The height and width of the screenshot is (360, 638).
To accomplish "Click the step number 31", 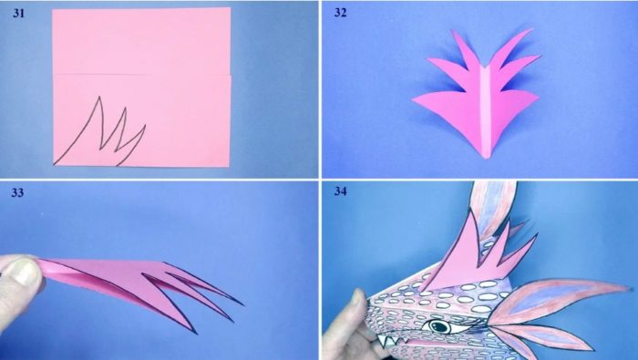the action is [19, 13].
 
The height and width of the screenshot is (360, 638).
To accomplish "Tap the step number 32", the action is [341, 13].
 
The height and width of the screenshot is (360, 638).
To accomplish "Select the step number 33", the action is [17, 192].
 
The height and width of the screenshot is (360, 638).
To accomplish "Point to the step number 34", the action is [341, 191].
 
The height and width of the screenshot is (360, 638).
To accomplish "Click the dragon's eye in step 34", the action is [438, 326].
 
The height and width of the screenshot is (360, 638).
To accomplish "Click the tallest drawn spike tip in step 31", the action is [98, 98].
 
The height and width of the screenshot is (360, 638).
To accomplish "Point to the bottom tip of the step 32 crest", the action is [486, 157].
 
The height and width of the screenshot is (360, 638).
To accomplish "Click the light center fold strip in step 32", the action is [486, 110].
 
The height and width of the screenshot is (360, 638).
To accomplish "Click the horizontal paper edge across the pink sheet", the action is [141, 75].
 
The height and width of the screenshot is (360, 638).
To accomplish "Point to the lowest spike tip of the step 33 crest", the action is [196, 334].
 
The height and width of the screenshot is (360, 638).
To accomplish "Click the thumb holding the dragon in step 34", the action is [352, 322].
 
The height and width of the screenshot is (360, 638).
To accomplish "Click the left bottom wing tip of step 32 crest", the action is [414, 99].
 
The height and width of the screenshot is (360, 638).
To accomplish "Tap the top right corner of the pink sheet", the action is [230, 8].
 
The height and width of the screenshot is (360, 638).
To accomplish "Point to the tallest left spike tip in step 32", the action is [453, 30].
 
